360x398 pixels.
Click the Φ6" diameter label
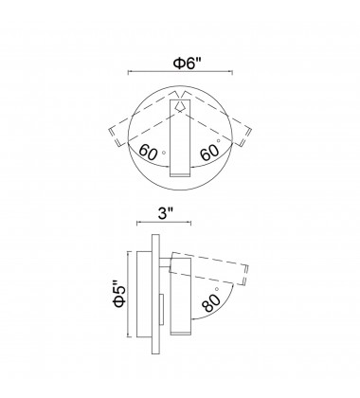pos(187,63)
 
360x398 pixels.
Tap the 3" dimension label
pos(166,214)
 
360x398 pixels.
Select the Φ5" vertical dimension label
pos(119,294)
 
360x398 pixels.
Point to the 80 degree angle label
pos(211,302)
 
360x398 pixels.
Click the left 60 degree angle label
pos(148,152)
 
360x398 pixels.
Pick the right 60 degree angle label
pos(209,153)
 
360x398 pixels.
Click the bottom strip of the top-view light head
pos(180,174)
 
